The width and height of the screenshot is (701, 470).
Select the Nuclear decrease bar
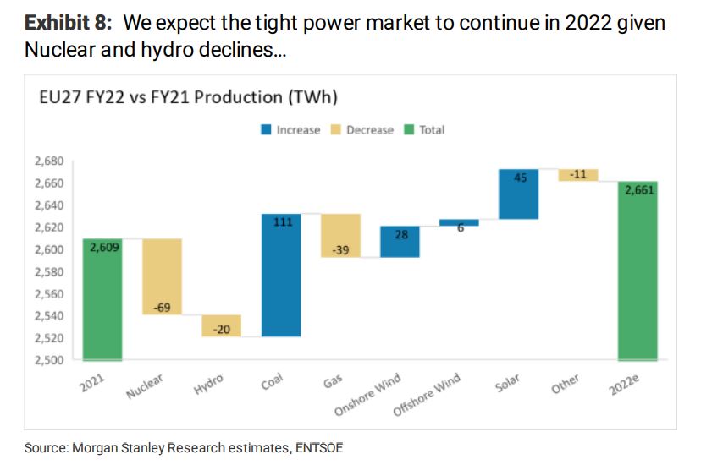point(162,276)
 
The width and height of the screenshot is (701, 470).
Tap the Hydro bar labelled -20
point(221,326)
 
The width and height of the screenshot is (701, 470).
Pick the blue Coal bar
point(281,275)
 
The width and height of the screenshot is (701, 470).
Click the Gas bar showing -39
point(340,235)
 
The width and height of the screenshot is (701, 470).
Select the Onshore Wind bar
point(400,242)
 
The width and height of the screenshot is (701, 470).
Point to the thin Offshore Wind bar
point(459,222)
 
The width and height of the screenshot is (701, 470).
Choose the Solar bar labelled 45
point(518,194)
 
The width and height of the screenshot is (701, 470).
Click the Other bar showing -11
point(578,175)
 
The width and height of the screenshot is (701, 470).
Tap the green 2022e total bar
point(638,270)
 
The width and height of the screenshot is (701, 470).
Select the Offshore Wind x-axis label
point(428,395)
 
